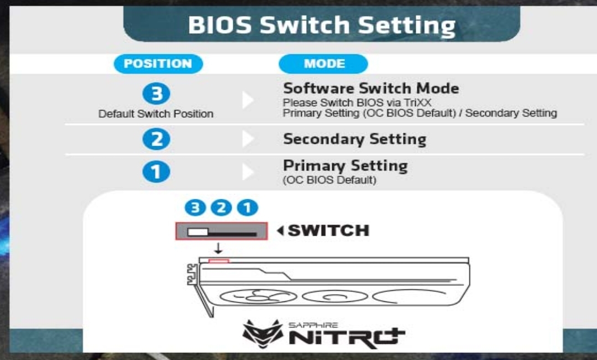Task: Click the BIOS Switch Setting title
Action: (x=322, y=25)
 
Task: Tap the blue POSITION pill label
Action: (x=158, y=64)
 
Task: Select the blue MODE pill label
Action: (x=323, y=64)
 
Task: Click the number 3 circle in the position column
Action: (x=156, y=93)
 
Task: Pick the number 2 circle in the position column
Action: (x=156, y=139)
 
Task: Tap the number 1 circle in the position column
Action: (x=156, y=172)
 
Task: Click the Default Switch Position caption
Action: (x=156, y=114)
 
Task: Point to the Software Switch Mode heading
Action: (x=371, y=88)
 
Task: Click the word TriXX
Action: (x=418, y=103)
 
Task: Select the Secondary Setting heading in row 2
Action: (x=354, y=139)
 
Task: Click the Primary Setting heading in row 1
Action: (x=345, y=166)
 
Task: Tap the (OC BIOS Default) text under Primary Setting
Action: (x=329, y=180)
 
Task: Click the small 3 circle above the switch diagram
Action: (x=195, y=208)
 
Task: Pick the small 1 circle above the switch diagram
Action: (x=248, y=208)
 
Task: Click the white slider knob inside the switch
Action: (x=198, y=232)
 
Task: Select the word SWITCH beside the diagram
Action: (x=328, y=231)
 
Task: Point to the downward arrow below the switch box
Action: (x=218, y=249)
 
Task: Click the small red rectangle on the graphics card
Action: (x=218, y=261)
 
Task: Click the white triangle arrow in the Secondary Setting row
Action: (x=248, y=139)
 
